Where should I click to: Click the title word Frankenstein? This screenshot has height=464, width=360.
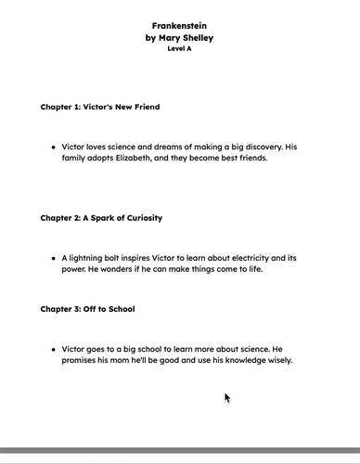[x=180, y=26]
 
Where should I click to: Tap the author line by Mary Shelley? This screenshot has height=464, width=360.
[x=180, y=38]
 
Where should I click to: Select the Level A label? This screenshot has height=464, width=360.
[x=180, y=48]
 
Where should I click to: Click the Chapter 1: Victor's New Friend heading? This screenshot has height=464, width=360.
[x=99, y=107]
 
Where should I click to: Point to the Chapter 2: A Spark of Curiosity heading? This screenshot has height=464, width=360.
[x=101, y=218]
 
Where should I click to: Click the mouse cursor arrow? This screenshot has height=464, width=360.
[x=227, y=398]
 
